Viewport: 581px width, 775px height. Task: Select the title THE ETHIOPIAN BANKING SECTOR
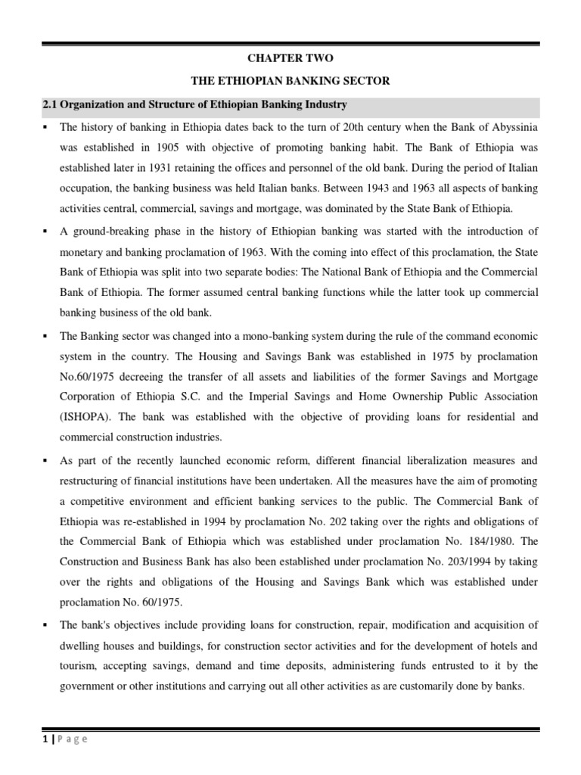click(290, 81)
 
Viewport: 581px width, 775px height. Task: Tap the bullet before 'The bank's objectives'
click(46, 625)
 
